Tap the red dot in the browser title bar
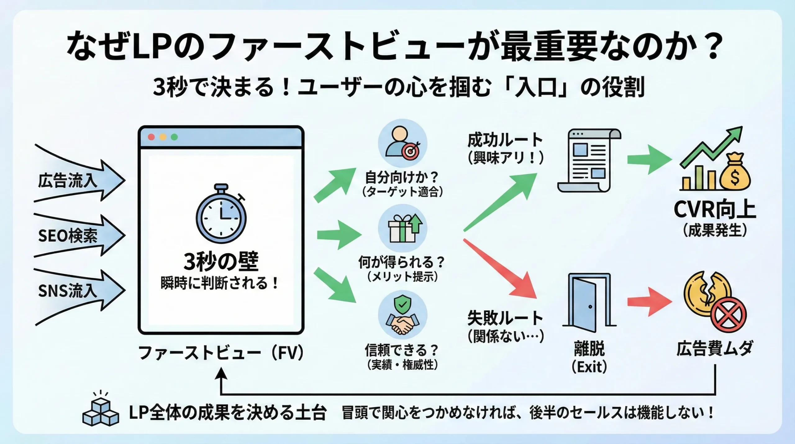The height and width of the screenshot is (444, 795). pos(152,137)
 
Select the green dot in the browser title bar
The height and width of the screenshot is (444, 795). pos(174,137)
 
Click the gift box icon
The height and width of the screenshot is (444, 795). pos(402,229)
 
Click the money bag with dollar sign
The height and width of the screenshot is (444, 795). pos(735,172)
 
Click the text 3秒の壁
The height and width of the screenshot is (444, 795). pos(221,262)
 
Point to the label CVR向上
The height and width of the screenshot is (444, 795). pos(715,210)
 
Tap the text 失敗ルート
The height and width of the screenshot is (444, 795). pos(505,318)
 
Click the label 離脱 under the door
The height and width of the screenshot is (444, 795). pos(589,348)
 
